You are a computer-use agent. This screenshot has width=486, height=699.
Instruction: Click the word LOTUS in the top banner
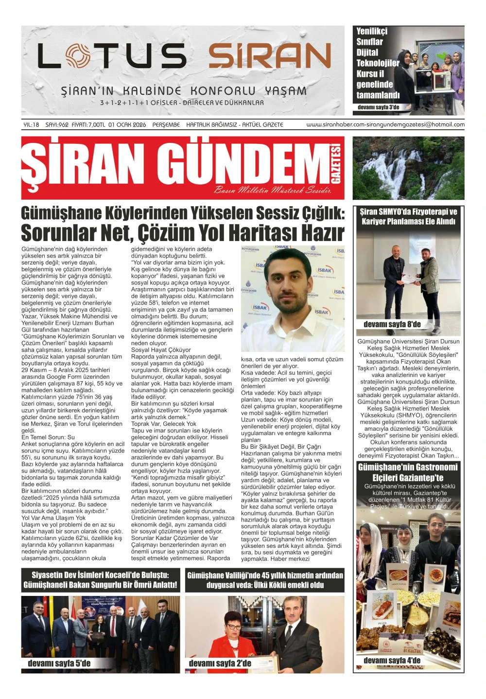[112, 55]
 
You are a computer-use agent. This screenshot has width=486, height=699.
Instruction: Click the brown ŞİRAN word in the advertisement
[270, 55]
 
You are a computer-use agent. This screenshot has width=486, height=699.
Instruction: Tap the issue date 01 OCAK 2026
[127, 125]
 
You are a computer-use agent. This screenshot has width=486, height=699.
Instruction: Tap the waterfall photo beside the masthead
[408, 168]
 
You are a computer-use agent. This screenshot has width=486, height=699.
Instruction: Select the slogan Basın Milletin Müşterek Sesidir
[273, 190]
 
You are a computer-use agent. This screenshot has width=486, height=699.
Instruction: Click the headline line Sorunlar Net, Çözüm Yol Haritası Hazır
[182, 233]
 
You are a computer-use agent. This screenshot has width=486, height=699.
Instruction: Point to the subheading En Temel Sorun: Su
[48, 437]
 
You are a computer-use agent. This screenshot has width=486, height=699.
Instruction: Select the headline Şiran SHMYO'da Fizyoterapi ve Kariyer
[408, 216]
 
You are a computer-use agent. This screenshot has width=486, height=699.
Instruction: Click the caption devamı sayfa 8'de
[392, 325]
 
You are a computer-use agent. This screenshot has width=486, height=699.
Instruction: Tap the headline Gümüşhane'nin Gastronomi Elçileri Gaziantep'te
[408, 472]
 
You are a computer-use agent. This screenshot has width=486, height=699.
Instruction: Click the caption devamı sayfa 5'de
[59, 664]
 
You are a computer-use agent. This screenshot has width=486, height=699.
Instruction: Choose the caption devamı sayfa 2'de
[220, 664]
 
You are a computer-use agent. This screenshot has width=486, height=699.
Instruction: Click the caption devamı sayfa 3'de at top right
[378, 107]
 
